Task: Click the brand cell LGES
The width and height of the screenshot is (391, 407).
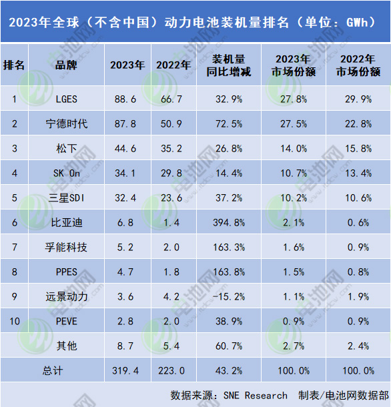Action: (67, 99)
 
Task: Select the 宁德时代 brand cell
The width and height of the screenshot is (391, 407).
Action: (67, 124)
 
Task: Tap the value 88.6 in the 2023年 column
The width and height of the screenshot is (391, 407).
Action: (126, 99)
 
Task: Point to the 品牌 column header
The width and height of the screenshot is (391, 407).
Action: (67, 65)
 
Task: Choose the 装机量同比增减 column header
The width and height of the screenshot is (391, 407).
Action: (226, 65)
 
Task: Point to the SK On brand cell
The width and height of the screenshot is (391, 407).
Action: (67, 173)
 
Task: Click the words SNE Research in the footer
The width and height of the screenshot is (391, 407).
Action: (257, 395)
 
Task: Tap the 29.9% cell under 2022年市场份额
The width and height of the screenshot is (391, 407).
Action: (358, 99)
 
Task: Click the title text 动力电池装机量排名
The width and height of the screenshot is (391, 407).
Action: (226, 21)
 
